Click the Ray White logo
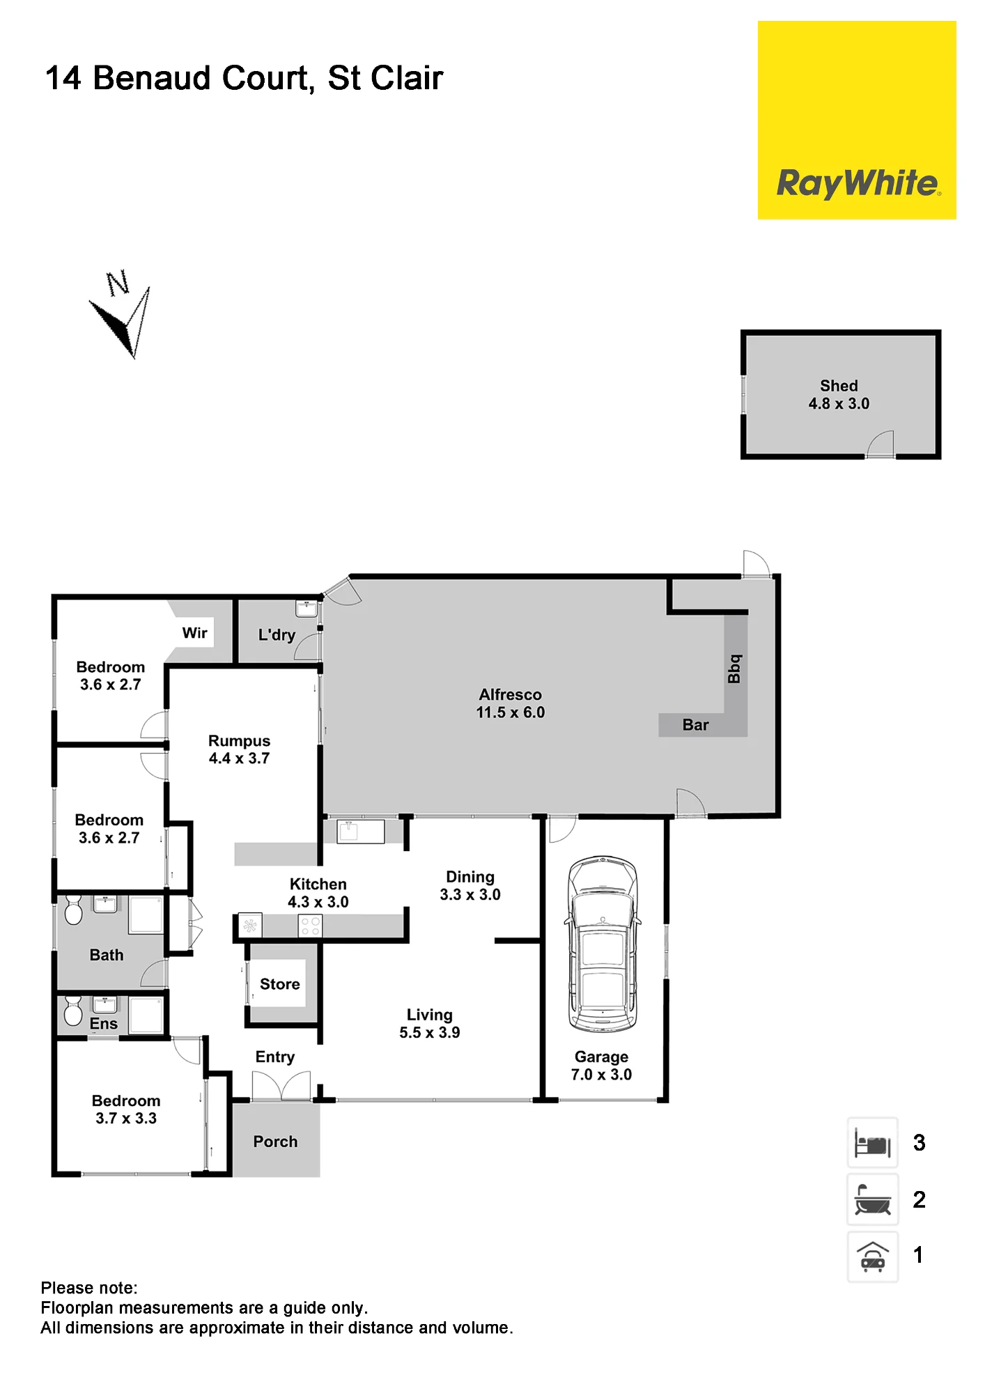(857, 120)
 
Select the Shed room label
(839, 386)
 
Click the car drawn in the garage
(603, 944)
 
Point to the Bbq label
(734, 669)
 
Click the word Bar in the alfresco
(695, 725)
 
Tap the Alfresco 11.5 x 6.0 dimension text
(511, 713)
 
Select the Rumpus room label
(239, 741)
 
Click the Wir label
(195, 633)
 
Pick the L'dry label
(277, 635)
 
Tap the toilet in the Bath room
(73, 910)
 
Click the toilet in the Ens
(72, 1010)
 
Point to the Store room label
(280, 984)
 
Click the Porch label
(275, 1142)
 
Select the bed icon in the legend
(872, 1143)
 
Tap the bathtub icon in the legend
(872, 1199)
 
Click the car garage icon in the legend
(872, 1256)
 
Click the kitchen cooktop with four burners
(310, 926)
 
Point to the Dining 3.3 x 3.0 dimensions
(470, 895)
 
